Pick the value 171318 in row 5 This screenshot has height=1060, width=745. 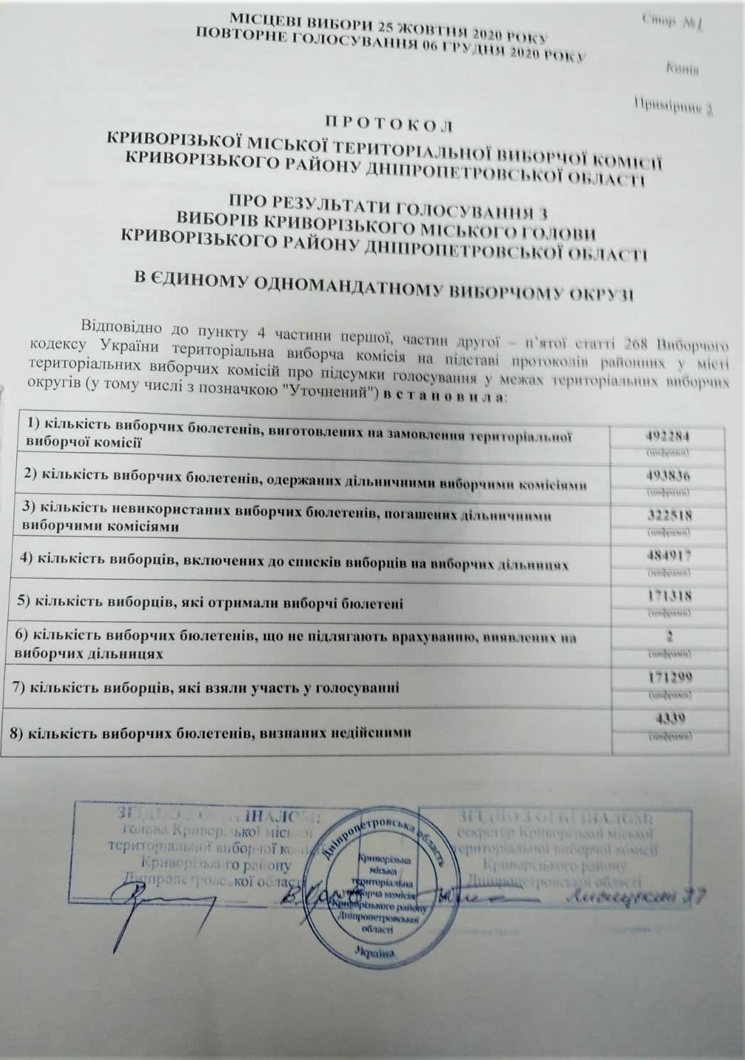669,596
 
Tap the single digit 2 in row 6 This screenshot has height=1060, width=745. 670,636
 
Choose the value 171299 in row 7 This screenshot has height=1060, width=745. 669,677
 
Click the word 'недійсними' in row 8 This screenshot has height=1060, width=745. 369,731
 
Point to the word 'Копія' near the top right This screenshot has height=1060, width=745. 681,69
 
